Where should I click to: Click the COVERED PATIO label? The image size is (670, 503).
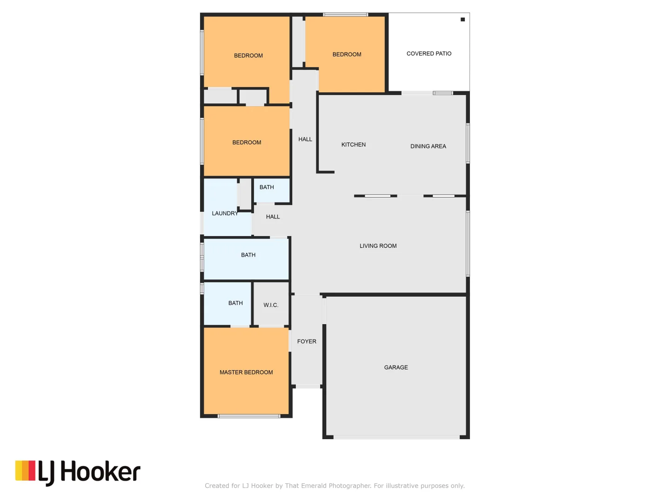(429, 54)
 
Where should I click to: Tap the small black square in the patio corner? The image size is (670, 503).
(462, 20)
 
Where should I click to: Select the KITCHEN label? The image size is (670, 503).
(353, 145)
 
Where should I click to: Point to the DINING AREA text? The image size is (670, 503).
(428, 146)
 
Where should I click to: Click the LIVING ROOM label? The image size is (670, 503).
(378, 246)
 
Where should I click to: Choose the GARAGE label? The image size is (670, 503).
(396, 367)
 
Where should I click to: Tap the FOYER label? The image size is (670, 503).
(307, 341)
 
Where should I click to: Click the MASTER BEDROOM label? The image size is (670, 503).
(246, 373)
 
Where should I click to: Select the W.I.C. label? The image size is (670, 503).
(271, 305)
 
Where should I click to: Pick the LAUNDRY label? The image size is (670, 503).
(225, 213)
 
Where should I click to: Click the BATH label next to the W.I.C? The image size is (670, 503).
(235, 303)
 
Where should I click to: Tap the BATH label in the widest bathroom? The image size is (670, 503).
(248, 255)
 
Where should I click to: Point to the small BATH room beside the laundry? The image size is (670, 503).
(267, 187)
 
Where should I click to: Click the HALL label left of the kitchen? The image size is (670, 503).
(305, 139)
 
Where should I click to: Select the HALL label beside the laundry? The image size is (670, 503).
(273, 217)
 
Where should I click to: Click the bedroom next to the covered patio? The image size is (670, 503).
(347, 54)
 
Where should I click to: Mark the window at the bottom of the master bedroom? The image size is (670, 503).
(249, 416)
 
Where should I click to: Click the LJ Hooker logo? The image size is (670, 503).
(78, 472)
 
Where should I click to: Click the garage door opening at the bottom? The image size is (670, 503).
(396, 437)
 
